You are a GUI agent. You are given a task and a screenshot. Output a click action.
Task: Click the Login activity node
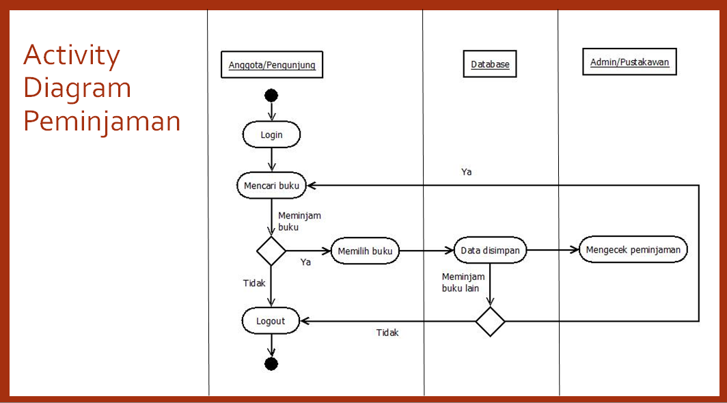click(271, 135)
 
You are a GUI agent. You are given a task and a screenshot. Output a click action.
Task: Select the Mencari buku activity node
click(271, 185)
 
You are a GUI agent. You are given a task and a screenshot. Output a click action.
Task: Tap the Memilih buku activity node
click(365, 251)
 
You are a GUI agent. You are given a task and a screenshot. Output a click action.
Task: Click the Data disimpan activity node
click(490, 250)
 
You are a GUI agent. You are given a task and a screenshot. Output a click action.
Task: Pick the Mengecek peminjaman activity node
click(633, 249)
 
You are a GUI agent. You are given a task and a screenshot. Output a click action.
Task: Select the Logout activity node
click(271, 320)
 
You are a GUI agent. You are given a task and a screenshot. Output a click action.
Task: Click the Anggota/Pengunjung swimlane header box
click(272, 66)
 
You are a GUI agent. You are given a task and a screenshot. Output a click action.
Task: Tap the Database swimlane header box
click(490, 65)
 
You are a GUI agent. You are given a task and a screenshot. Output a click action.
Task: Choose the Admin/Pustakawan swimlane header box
click(629, 62)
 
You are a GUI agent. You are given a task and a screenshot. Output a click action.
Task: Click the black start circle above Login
click(271, 96)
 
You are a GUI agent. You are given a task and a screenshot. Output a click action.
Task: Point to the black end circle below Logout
click(271, 363)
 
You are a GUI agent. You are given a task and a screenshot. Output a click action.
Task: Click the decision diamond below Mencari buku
click(271, 251)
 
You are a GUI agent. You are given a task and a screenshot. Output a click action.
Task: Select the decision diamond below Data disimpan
click(490, 321)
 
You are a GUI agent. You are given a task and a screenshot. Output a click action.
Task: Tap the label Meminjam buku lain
click(463, 282)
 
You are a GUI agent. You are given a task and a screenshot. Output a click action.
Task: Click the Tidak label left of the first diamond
click(254, 283)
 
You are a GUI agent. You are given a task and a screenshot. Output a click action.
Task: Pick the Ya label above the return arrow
click(466, 172)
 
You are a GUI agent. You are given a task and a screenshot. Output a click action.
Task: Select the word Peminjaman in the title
click(102, 122)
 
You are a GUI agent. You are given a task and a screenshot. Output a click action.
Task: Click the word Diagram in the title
click(77, 88)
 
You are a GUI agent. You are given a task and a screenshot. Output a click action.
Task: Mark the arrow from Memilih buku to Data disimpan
click(426, 251)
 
